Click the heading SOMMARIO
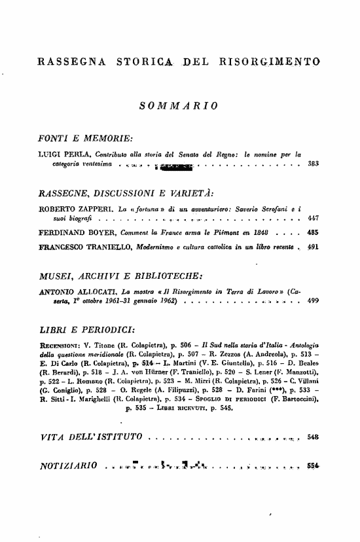pyautogui.click(x=179, y=105)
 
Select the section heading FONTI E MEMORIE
pyautogui.click(x=86, y=139)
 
